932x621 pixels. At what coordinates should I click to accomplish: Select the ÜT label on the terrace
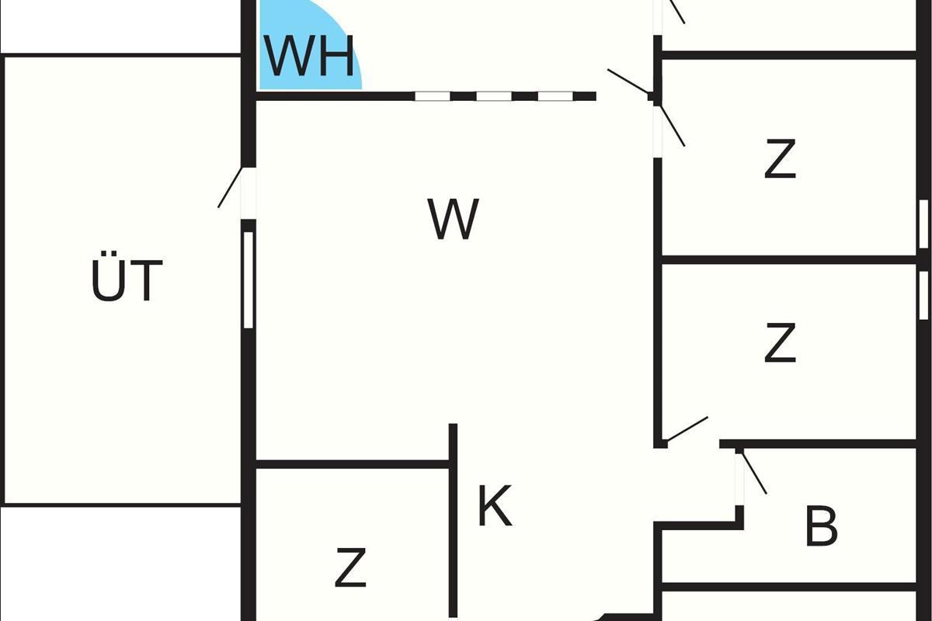127,280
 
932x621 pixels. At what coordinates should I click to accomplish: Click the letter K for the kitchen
495,507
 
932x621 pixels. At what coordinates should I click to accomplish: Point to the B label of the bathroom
821,526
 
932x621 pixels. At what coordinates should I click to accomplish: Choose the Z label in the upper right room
780,159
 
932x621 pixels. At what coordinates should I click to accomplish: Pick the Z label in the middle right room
780,343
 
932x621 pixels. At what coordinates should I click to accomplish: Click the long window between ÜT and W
249,279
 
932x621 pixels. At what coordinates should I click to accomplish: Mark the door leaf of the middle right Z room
687,429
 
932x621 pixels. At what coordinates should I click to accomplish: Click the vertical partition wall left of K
454,520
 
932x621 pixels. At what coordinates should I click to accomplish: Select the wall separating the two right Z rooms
788,259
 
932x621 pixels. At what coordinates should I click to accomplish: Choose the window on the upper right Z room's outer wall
923,224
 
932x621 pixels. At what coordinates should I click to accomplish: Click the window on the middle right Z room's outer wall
923,296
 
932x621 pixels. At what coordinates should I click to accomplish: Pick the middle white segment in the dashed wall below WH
494,96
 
